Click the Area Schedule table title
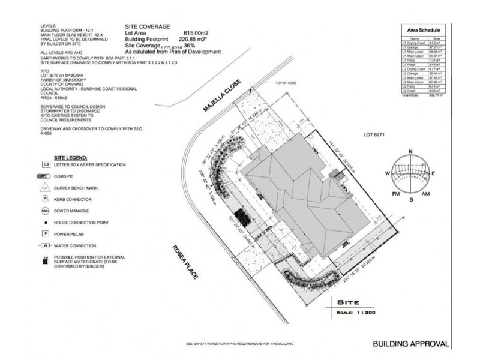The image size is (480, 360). click(x=424, y=29)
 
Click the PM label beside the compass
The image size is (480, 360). click(x=395, y=194)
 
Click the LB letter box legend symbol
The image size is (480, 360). click(x=46, y=164)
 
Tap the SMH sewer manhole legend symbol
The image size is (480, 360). click(x=46, y=211)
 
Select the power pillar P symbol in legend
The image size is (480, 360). click(x=46, y=233)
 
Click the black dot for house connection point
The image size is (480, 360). click(x=46, y=222)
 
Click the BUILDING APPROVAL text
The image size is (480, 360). click(x=412, y=344)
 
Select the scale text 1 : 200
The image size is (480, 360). click(x=364, y=312)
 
